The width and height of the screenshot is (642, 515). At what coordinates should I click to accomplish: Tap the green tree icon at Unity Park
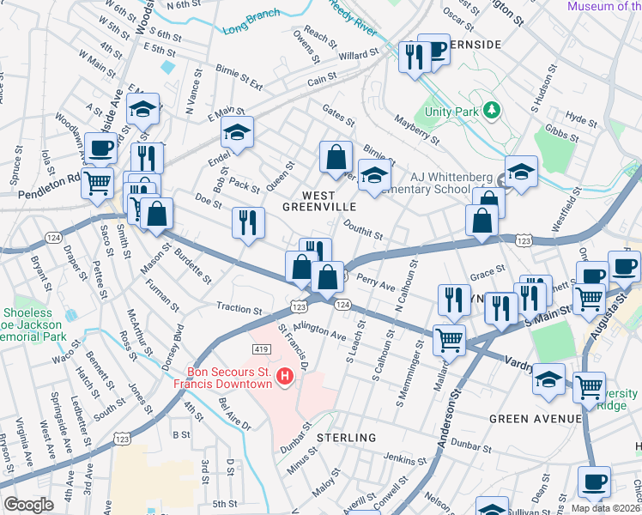click(491, 110)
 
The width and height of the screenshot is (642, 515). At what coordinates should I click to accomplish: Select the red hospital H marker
click(286, 375)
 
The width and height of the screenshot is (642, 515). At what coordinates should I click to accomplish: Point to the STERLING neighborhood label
click(347, 438)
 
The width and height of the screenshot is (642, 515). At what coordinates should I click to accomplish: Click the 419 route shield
click(263, 349)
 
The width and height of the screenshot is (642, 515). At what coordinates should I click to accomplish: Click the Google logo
click(28, 505)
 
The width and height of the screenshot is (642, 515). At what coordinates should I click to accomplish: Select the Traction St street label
click(239, 309)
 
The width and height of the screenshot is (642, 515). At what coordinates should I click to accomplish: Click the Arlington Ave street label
click(319, 330)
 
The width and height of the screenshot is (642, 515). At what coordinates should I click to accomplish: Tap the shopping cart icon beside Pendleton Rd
click(98, 182)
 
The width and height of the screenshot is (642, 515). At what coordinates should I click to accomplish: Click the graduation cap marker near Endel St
click(237, 131)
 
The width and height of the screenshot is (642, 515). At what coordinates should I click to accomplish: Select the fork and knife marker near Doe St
click(248, 222)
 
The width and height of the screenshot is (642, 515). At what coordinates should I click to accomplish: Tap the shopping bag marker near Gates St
click(336, 156)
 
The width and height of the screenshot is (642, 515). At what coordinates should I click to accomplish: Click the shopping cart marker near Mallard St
click(449, 338)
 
